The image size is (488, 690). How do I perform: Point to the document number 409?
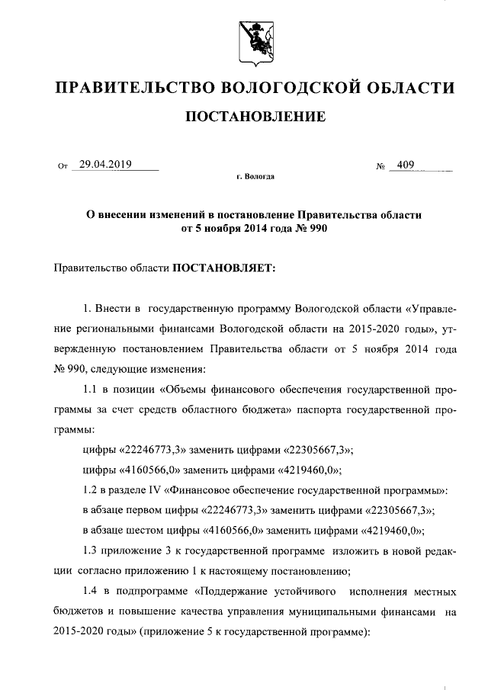[405, 164]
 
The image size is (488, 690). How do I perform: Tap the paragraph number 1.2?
[91, 488]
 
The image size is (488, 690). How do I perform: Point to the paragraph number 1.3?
[91, 550]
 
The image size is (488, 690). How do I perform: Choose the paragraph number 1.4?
[91, 592]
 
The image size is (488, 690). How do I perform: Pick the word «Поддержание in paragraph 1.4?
[230, 592]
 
